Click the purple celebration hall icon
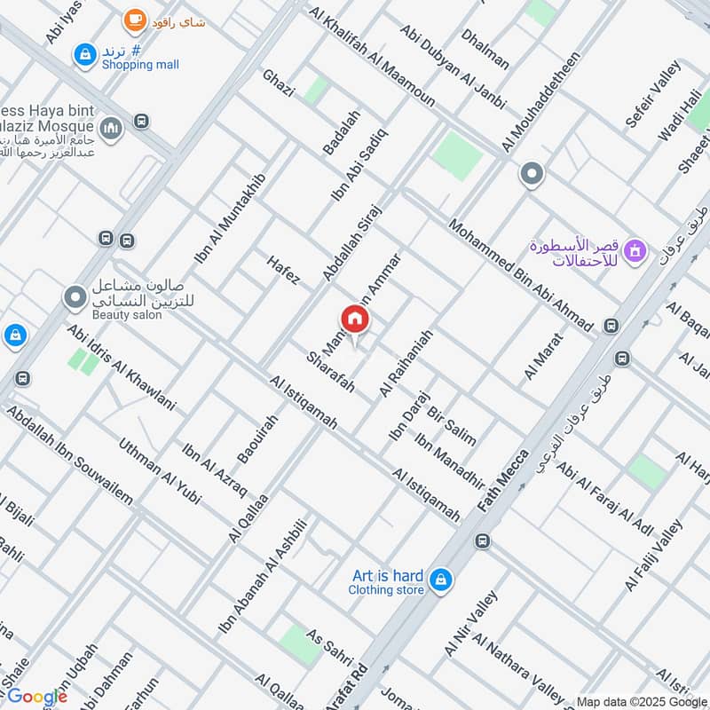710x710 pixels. pyautogui.click(x=635, y=252)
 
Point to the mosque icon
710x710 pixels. pyautogui.click(x=111, y=130)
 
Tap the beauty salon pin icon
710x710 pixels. pyautogui.click(x=75, y=296)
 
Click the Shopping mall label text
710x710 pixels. pyautogui.click(x=139, y=65)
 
